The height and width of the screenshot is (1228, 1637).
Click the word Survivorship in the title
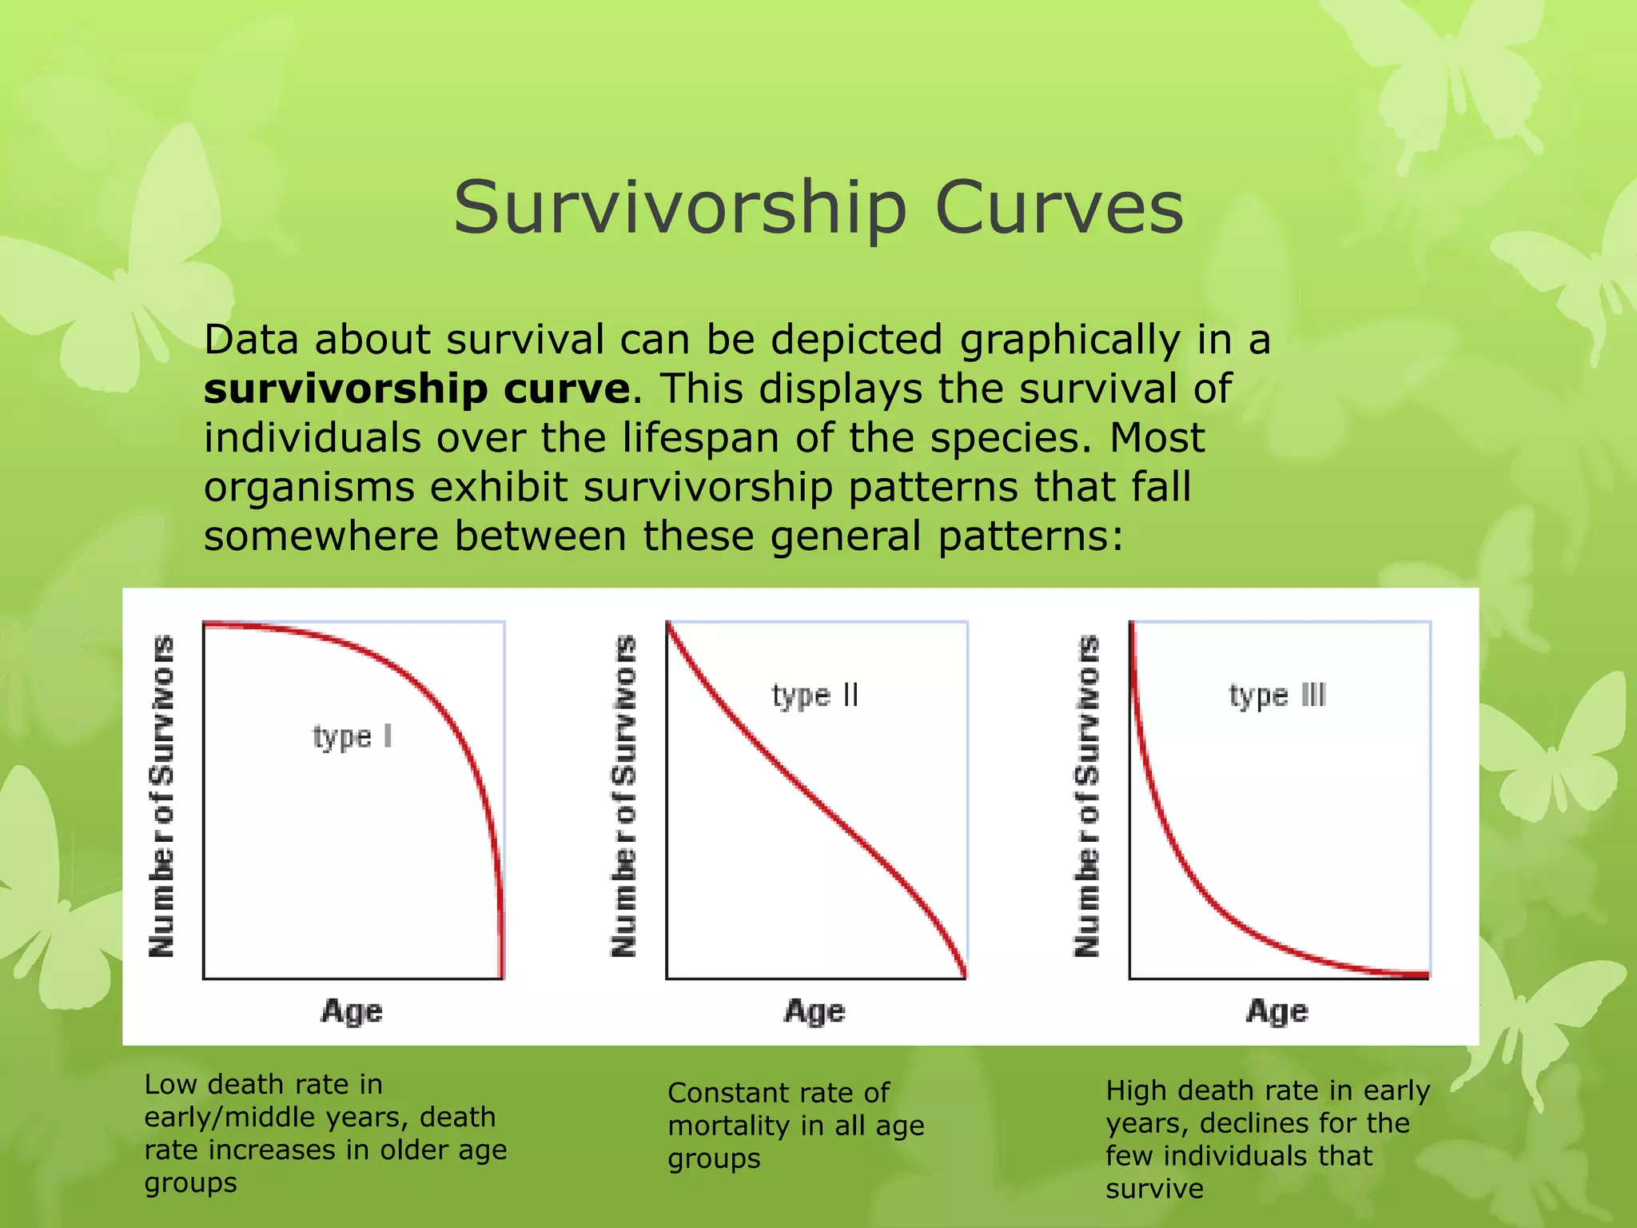tap(679, 208)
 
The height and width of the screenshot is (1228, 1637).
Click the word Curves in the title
tap(1058, 208)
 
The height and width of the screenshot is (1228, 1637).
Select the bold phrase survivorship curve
tap(416, 389)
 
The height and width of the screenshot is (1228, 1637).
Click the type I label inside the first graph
tap(352, 736)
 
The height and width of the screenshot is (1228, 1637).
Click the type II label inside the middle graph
tap(815, 696)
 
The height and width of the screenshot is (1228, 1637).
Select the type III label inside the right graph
tap(1277, 696)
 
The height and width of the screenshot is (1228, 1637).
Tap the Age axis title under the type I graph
tap(352, 1011)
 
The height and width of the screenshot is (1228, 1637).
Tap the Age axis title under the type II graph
tap(815, 1011)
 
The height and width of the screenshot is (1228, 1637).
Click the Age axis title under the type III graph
tap(1277, 1011)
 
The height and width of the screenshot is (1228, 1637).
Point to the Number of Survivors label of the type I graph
tap(161, 796)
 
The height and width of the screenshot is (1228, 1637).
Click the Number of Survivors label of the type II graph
tap(624, 796)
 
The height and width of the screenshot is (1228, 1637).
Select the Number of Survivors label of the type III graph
tap(1087, 796)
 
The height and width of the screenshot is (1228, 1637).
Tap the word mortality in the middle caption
tap(728, 1126)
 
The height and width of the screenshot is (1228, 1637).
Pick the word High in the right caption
tap(1136, 1090)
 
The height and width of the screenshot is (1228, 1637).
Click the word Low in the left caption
tap(169, 1085)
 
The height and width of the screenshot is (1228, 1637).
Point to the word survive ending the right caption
tap(1153, 1189)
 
